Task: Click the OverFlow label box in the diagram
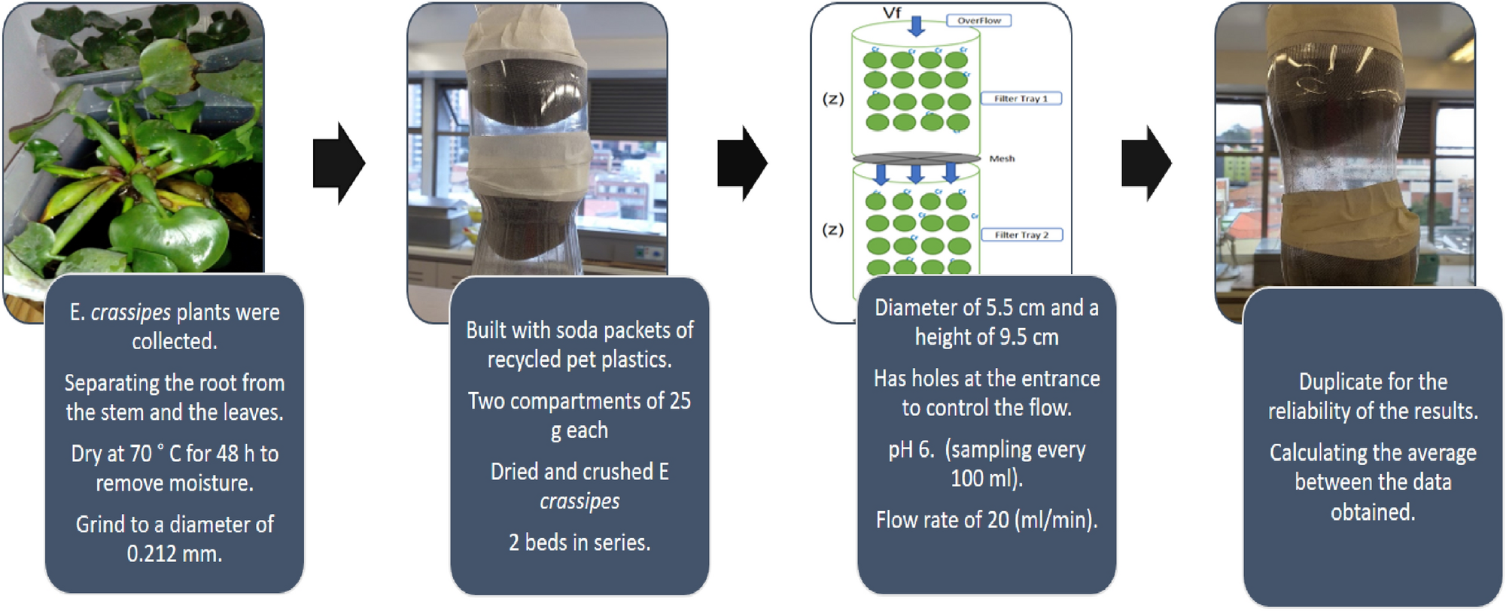tap(978, 21)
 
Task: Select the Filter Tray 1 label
tap(1021, 99)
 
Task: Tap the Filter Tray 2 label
tap(1021, 235)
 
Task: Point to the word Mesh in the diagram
tap(1002, 159)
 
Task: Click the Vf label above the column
tap(892, 13)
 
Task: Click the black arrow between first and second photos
tap(339, 163)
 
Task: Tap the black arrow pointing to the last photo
tap(1146, 163)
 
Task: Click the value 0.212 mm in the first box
tap(174, 554)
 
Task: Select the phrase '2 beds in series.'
tap(580, 543)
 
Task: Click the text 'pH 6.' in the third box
tap(911, 450)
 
